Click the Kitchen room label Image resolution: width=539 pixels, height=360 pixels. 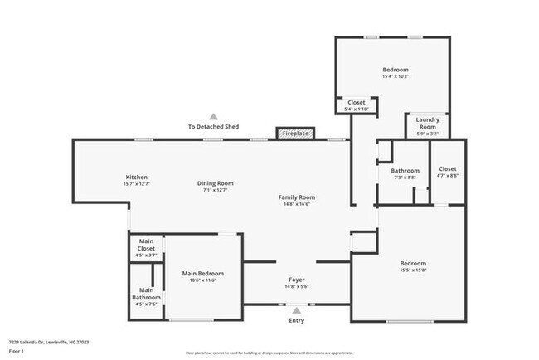tap(136, 178)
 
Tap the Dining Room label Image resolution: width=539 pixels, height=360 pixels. tap(215, 182)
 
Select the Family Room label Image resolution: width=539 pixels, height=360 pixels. tap(296, 197)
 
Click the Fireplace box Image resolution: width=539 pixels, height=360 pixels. tap(295, 134)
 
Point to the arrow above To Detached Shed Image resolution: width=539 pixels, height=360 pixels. tap(213, 117)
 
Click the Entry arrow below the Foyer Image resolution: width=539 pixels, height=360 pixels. tap(296, 309)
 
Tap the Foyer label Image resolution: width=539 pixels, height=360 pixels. tap(297, 280)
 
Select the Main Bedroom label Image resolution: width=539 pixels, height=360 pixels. tap(203, 273)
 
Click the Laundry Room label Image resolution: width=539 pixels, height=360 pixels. tap(427, 123)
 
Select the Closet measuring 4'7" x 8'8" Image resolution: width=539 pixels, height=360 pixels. tap(447, 172)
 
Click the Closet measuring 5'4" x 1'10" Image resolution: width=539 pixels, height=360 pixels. tap(356, 105)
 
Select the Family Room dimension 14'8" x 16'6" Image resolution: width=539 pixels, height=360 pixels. tap(296, 204)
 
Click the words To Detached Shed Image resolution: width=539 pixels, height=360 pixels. tap(213, 127)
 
